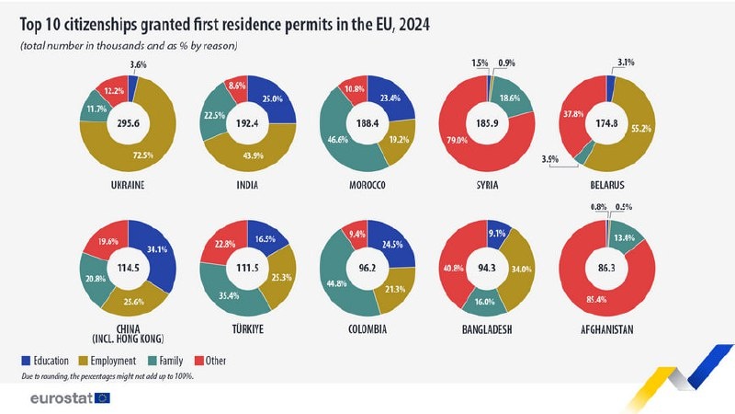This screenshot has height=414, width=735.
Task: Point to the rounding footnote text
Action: (x=106, y=377)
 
